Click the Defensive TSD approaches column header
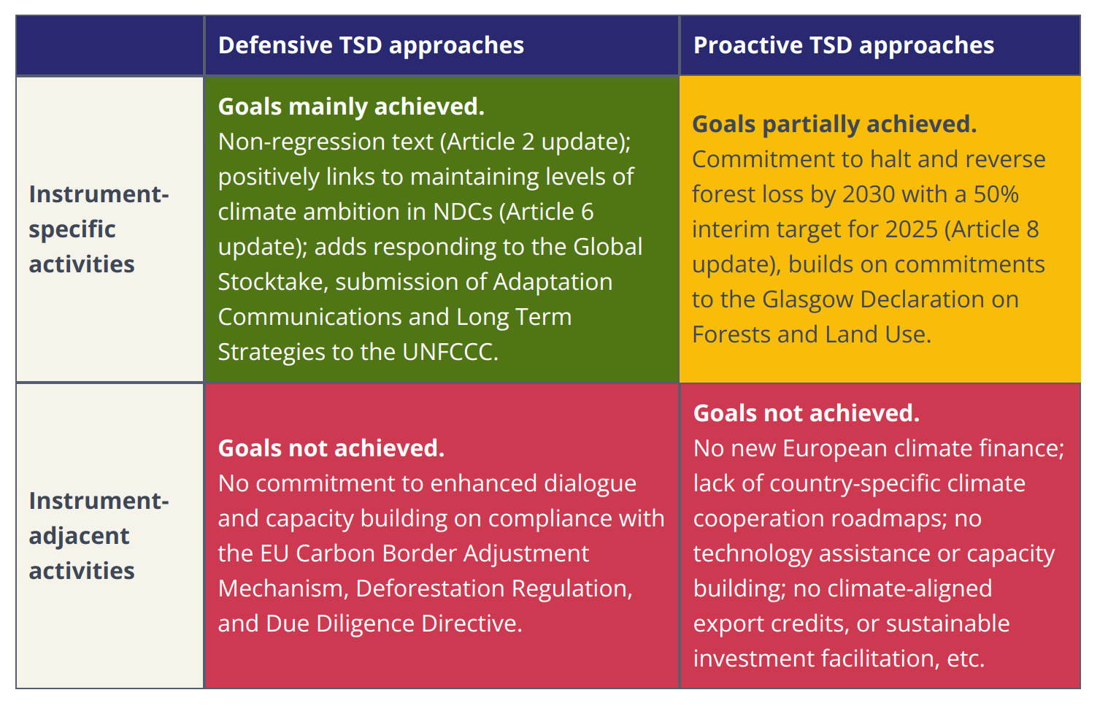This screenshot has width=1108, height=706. coord(371,45)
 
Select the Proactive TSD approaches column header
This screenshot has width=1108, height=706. coord(844,45)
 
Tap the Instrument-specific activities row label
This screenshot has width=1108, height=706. coord(99,229)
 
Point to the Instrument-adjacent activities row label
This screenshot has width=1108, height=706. coord(99,536)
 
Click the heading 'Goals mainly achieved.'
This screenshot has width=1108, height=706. coord(351,107)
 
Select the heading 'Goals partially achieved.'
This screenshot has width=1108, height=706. coord(834,124)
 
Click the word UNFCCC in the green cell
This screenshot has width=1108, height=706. coord(450,352)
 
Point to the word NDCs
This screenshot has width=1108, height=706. coord(463,212)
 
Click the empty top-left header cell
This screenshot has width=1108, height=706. coord(109,45)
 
